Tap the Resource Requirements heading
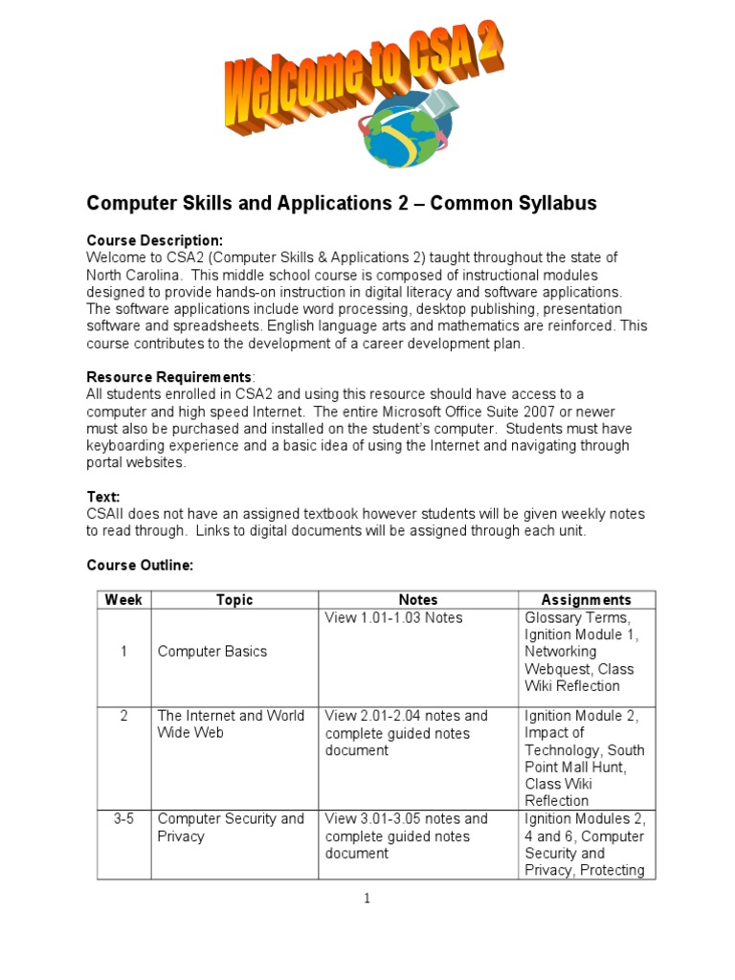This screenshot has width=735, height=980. [168, 376]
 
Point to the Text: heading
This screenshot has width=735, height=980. [103, 497]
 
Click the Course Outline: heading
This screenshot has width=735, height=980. [140, 566]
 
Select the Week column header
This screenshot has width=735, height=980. [123, 600]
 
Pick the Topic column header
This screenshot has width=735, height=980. [234, 600]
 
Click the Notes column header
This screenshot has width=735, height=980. [417, 600]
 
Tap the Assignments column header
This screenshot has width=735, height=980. [586, 600]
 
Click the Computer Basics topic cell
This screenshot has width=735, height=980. [212, 652]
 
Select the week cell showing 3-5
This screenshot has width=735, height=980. [123, 819]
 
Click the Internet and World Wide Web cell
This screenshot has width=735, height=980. [231, 724]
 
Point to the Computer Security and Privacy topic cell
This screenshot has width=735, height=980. [231, 828]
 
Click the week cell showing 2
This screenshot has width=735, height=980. [123, 716]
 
